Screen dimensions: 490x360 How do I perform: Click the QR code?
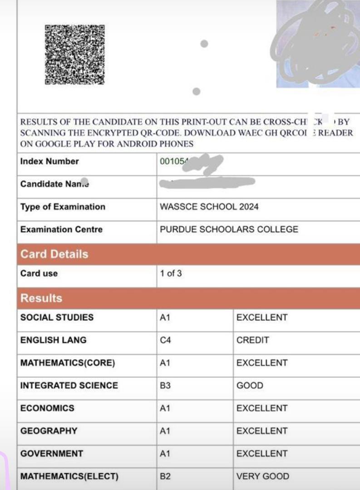point(74,54)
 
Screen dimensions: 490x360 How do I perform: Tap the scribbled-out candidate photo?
point(318,43)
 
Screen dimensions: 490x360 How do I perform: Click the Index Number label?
point(49,162)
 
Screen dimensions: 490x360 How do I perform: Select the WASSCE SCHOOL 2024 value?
point(209,207)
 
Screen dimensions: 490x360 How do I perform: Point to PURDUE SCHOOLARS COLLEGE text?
point(229,230)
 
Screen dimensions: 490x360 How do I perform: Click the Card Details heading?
point(54,254)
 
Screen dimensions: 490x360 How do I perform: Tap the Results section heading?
point(41,299)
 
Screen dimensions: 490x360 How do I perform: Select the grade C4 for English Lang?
point(165,340)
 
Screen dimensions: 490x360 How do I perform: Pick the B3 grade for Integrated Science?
point(165,386)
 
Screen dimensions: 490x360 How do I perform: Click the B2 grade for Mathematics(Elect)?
point(165,476)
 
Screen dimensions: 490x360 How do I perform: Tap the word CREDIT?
point(253,340)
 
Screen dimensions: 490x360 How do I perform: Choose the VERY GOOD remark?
point(262,476)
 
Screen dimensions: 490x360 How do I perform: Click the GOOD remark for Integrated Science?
point(250,386)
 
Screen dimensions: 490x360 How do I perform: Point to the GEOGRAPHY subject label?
point(49,431)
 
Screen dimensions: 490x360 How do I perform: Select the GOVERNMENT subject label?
point(52,454)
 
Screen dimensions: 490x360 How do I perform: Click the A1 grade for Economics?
point(165,408)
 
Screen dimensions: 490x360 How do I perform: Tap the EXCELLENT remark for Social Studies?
point(262,318)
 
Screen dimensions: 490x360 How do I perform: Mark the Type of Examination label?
point(63,207)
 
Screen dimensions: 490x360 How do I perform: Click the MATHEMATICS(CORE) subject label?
point(68,363)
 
